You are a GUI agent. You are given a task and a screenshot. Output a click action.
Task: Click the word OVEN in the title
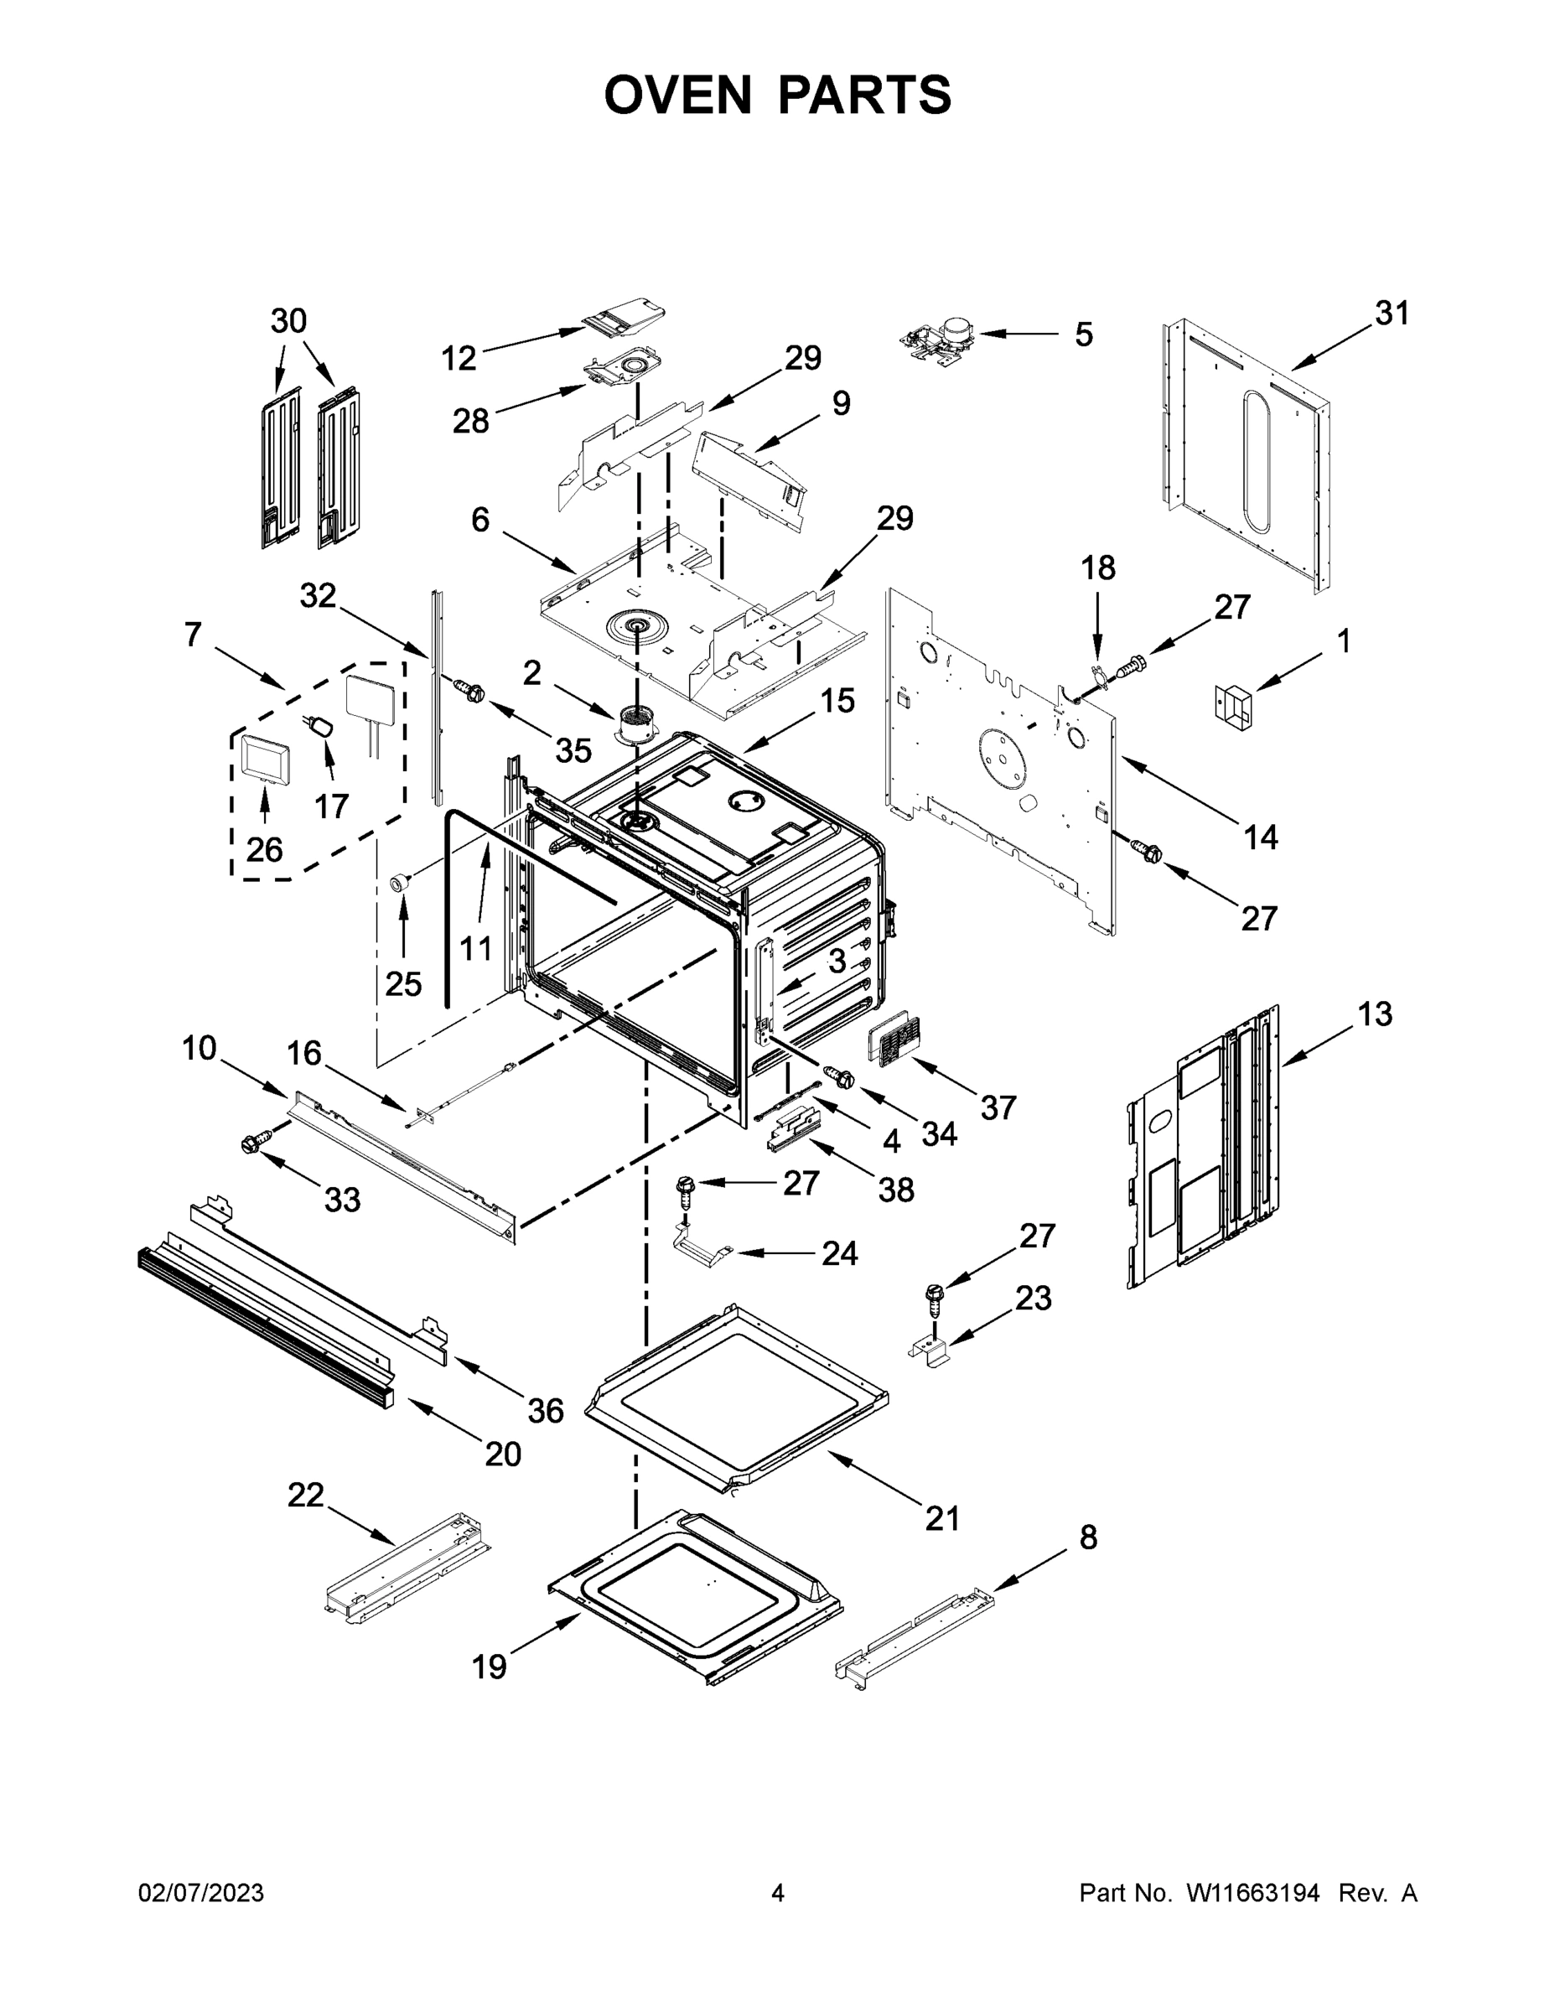pyautogui.click(x=678, y=94)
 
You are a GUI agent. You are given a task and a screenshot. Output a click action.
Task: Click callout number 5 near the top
pyautogui.click(x=1083, y=334)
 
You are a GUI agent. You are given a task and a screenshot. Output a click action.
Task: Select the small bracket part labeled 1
pyautogui.click(x=1233, y=708)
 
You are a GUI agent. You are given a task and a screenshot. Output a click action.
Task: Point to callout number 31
pyautogui.click(x=1392, y=314)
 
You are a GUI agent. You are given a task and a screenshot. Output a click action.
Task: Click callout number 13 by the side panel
pyautogui.click(x=1374, y=1014)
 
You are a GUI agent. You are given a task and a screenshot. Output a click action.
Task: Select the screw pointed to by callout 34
pyautogui.click(x=839, y=1075)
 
